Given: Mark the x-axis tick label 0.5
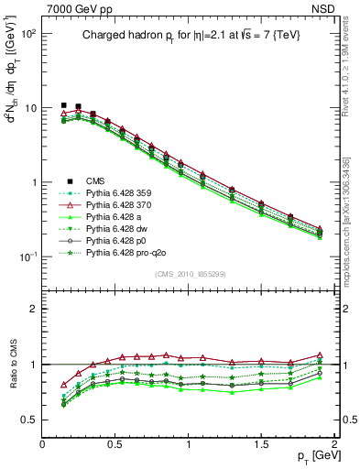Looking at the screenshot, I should (x=116, y=443).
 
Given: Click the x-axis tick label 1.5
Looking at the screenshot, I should (x=263, y=443).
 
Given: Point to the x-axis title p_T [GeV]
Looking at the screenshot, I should (x=311, y=456).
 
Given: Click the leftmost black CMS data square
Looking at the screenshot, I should (x=63, y=105).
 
